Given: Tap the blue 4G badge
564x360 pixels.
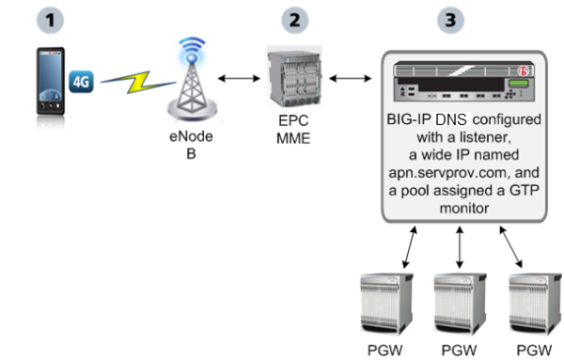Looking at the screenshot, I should (x=83, y=83).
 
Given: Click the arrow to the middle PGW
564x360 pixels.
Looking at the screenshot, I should (x=460, y=250).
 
